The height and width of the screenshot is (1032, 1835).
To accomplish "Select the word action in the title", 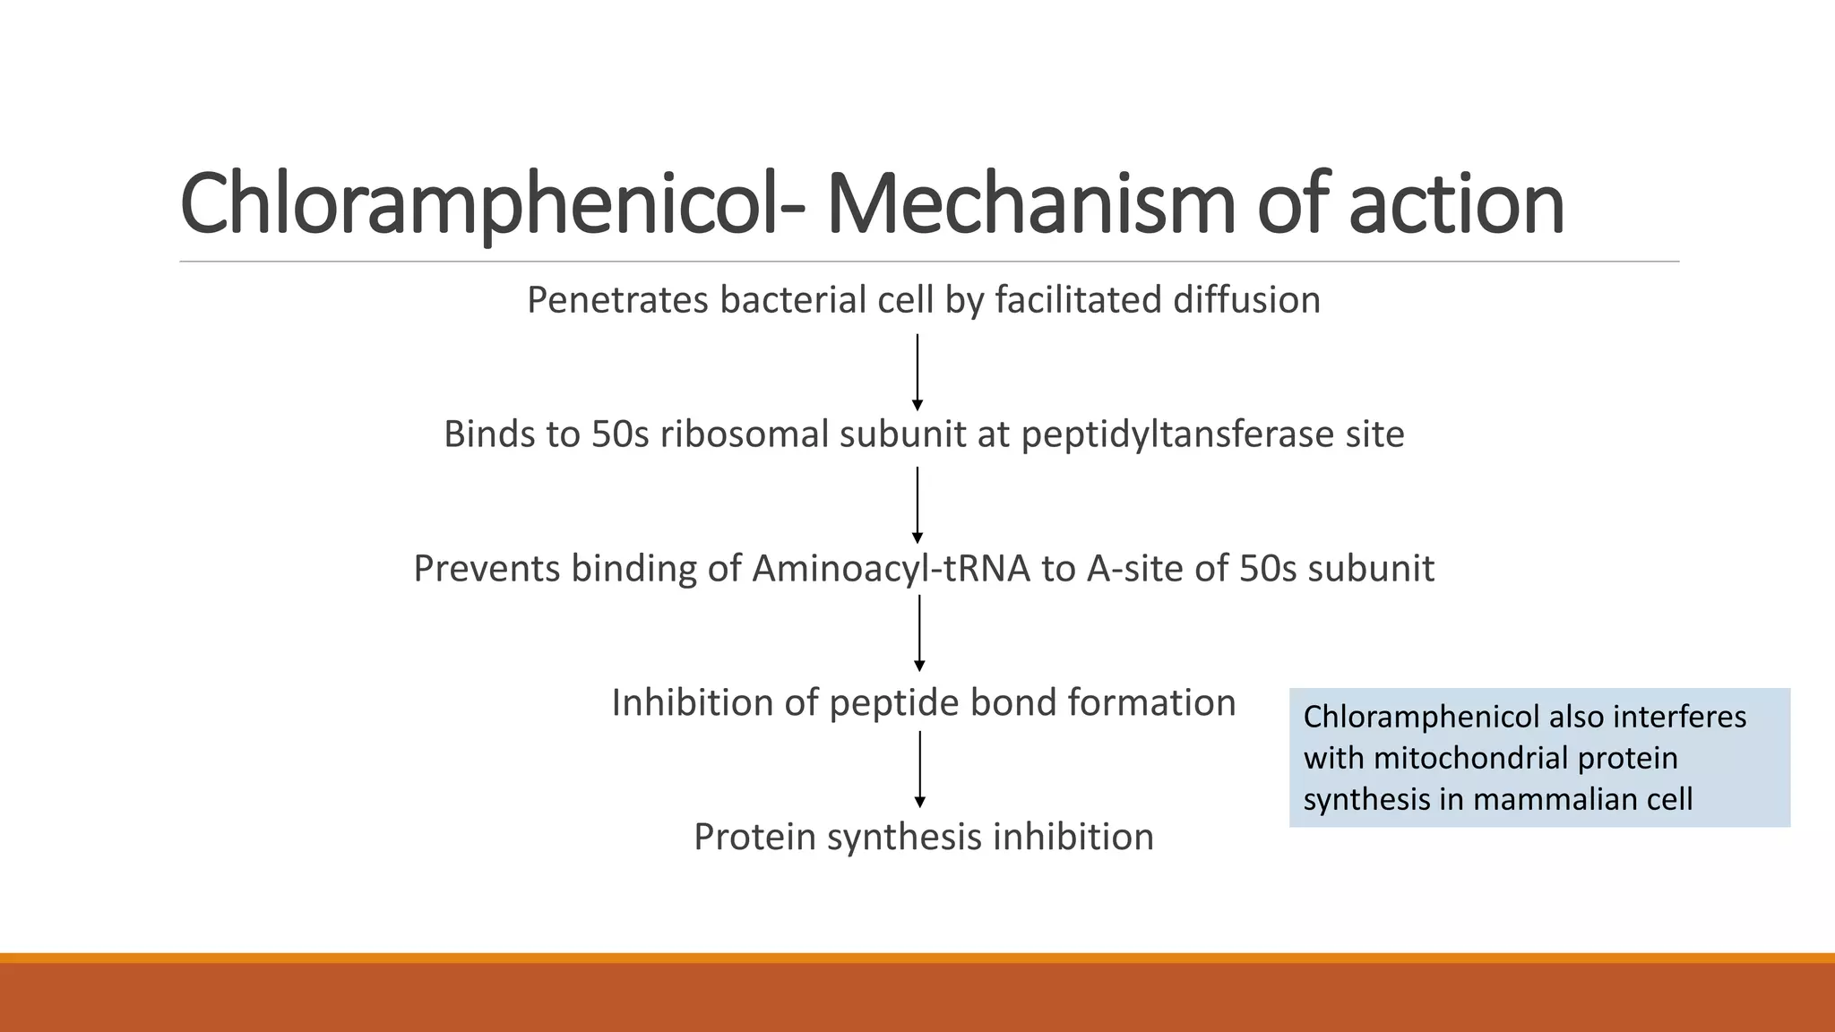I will [x=1456, y=204].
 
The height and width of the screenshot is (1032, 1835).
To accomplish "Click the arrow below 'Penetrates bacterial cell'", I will [x=917, y=372].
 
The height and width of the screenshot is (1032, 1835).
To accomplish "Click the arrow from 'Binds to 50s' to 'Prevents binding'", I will [x=917, y=504].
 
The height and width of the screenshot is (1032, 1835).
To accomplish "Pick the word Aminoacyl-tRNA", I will [x=892, y=569].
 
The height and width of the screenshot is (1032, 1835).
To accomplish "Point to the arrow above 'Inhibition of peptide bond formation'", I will [x=919, y=633].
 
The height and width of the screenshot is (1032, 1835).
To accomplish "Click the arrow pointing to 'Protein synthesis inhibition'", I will [x=919, y=769].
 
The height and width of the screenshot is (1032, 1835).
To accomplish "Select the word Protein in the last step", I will [x=754, y=838].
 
